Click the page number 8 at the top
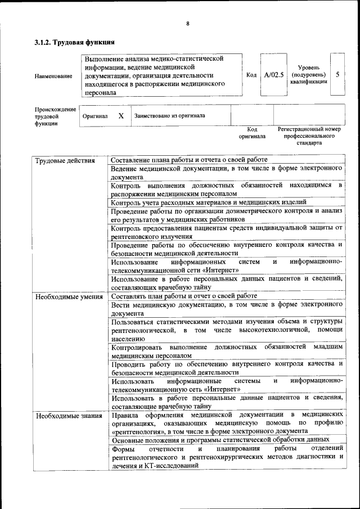point(188,23)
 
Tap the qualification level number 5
point(337,74)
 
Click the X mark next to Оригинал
point(121,115)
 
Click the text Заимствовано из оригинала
point(169,115)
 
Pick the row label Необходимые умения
point(69,296)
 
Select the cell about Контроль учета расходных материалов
point(208,202)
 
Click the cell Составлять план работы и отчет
point(184,296)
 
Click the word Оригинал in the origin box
point(95,116)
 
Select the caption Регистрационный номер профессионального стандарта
point(309,136)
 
